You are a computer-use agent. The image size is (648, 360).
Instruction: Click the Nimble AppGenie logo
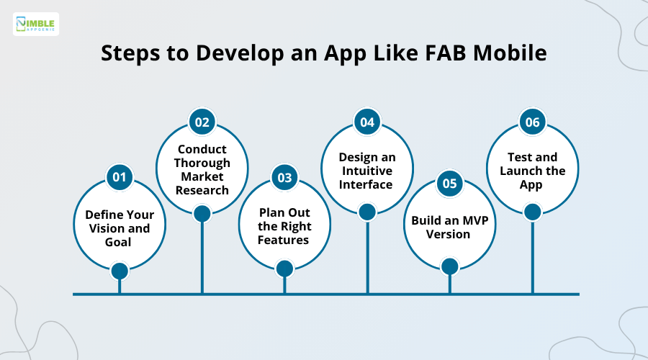[x=36, y=24]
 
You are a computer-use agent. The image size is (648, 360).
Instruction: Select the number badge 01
[x=120, y=177]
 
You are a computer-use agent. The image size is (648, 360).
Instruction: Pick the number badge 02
[x=202, y=122]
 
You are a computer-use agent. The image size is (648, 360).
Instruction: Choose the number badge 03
[x=284, y=177]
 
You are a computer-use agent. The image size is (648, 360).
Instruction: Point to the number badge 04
[x=367, y=122]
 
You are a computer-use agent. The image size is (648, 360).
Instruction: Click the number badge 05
[x=450, y=184]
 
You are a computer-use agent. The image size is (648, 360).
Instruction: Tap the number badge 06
[x=533, y=122]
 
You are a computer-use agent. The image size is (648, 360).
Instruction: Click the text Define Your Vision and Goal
[x=119, y=228]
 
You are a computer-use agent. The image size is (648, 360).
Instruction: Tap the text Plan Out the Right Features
[x=284, y=226]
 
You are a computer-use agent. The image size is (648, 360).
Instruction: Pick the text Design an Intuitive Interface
[x=367, y=171]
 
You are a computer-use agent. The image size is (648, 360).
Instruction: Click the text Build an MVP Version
[x=450, y=227]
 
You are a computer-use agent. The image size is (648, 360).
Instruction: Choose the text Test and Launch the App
[x=533, y=171]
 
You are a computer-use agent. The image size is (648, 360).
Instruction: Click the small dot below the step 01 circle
[x=120, y=271]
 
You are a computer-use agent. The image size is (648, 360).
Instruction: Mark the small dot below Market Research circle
[x=202, y=213]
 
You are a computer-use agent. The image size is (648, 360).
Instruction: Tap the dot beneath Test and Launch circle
[x=533, y=212]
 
